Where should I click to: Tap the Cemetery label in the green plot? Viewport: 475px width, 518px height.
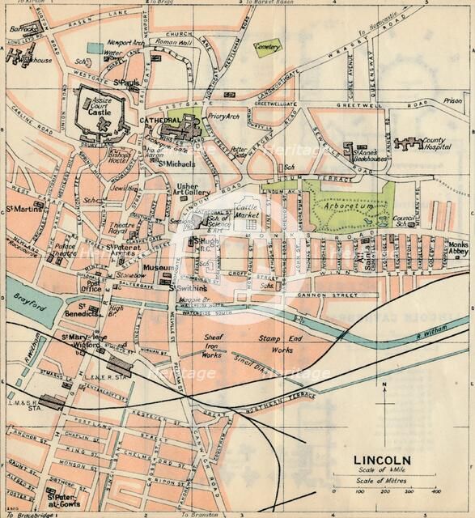[269, 49]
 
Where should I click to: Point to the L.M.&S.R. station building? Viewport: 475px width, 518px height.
[53, 401]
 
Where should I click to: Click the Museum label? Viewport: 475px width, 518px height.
[155, 268]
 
